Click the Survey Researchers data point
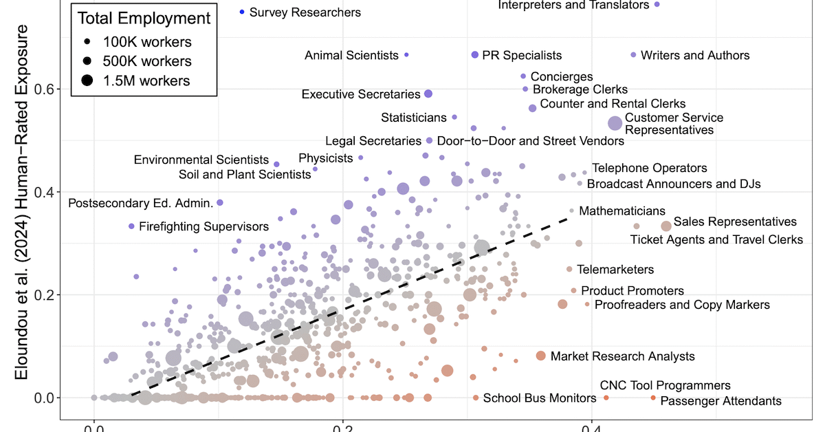click(x=242, y=12)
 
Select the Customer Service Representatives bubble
click(x=615, y=123)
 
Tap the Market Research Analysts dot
click(x=541, y=356)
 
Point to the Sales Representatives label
click(x=735, y=222)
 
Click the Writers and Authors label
click(x=695, y=55)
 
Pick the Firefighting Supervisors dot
click(x=131, y=226)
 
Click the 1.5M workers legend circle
click(x=87, y=81)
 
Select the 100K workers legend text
click(x=147, y=42)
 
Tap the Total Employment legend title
click(x=144, y=19)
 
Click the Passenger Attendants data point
click(x=653, y=398)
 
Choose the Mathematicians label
click(x=622, y=210)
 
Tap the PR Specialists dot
click(x=474, y=55)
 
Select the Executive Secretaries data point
click(x=428, y=94)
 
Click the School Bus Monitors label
click(x=540, y=398)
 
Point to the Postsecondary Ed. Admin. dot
click(x=220, y=203)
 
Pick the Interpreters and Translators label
click(x=573, y=6)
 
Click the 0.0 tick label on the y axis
click(x=44, y=398)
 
